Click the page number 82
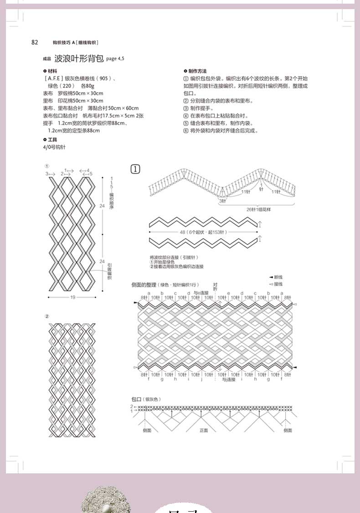(x=35, y=42)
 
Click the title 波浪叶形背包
(x=79, y=58)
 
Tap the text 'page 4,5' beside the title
(x=115, y=59)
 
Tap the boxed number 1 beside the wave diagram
(x=135, y=169)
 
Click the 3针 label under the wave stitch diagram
(x=222, y=200)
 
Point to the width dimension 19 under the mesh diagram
(x=73, y=298)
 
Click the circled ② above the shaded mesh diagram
(x=46, y=316)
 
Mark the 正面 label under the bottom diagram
(x=204, y=430)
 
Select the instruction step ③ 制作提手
(x=198, y=108)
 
